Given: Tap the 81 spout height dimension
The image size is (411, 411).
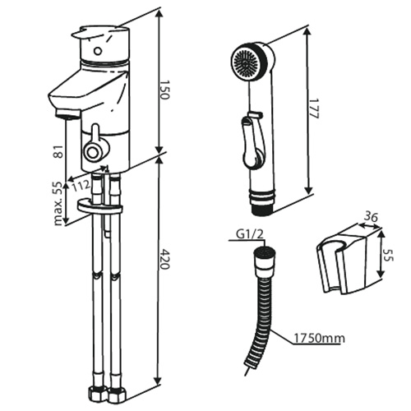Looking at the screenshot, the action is tap(58, 151).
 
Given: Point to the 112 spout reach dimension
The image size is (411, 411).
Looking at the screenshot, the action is tap(81, 186).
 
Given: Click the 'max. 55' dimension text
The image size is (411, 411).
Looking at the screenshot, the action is tap(58, 203).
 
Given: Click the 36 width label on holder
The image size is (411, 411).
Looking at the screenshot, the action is tap(371, 217).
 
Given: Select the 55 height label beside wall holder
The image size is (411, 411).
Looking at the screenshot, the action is tap(388, 255).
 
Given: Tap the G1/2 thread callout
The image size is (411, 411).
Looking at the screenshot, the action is tap(249, 234).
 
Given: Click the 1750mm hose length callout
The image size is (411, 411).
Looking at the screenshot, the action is tap(319, 339).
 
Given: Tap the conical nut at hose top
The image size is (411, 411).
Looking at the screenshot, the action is tap(265, 261).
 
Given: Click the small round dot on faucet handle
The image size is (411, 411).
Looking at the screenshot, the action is tap(97, 51).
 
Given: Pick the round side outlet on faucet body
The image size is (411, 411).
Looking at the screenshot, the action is tap(93, 151).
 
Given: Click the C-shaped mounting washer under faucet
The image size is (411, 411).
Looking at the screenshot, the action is tap(99, 207).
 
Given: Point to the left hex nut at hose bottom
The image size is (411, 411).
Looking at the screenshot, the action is tap(97, 393).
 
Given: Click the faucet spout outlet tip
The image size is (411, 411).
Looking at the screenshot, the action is tap(68, 114).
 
